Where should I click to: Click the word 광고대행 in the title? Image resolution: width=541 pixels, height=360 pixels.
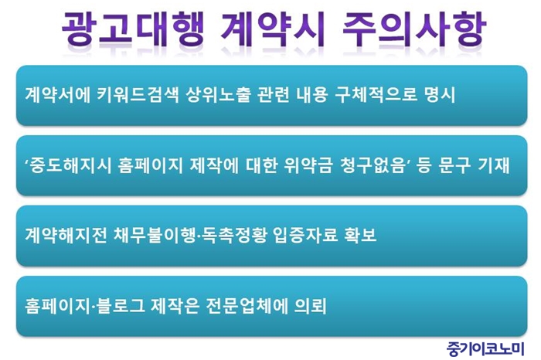click(132, 29)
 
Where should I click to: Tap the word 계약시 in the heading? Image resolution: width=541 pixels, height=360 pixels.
click(272, 29)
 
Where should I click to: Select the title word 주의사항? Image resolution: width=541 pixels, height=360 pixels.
click(414, 29)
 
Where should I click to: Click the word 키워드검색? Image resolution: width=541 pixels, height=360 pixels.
click(138, 95)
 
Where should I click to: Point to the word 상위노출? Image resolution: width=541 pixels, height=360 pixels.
click(218, 95)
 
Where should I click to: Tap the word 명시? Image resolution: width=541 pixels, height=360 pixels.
click(441, 95)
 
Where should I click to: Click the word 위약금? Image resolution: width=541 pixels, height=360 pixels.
click(308, 165)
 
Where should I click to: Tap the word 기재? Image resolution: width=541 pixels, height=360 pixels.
click(493, 165)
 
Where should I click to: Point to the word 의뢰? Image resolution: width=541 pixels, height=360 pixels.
click(310, 306)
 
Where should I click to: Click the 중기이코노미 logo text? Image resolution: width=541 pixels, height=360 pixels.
click(485, 348)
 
